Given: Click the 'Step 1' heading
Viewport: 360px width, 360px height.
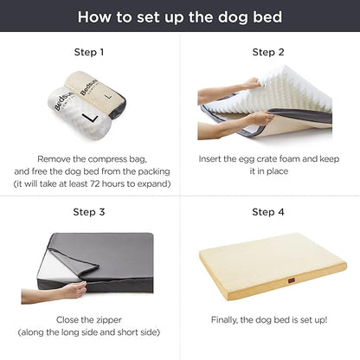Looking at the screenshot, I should coord(89,52).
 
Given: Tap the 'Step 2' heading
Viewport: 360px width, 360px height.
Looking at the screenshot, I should coord(268,52).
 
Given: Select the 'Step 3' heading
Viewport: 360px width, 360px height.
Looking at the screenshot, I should coord(89,212).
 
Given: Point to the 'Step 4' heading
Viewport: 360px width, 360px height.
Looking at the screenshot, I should coord(268,212).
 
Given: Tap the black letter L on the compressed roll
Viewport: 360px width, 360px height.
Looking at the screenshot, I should coord(87,116).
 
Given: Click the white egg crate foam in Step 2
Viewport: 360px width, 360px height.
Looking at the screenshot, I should coord(277,97).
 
